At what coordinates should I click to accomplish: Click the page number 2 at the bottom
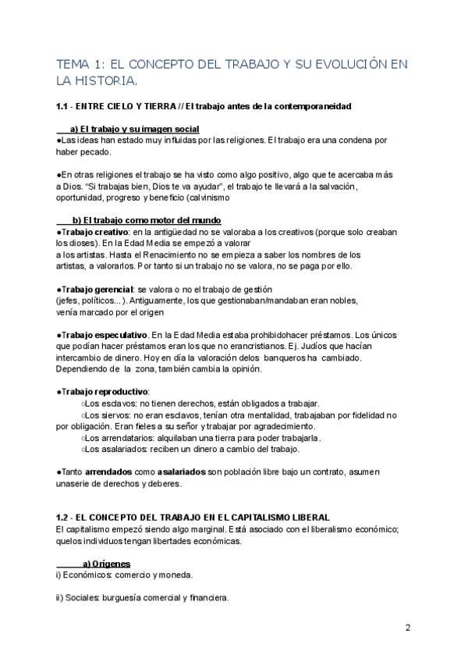pyautogui.click(x=408, y=628)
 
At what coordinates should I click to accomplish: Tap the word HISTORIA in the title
pyautogui.click(x=105, y=80)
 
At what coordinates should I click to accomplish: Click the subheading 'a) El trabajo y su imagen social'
pyautogui.click(x=134, y=129)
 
